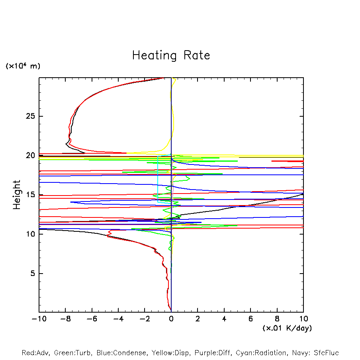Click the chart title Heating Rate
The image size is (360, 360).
click(171, 55)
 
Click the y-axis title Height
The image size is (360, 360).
click(17, 195)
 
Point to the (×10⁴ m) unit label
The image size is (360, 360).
click(23, 66)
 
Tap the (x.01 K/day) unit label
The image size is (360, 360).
click(287, 328)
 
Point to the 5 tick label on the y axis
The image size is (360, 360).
click(31, 274)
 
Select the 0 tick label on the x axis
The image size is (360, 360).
click(171, 319)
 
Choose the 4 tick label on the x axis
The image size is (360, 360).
click(224, 319)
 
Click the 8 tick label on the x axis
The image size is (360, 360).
click(277, 319)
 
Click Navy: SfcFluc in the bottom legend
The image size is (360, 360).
click(315, 353)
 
